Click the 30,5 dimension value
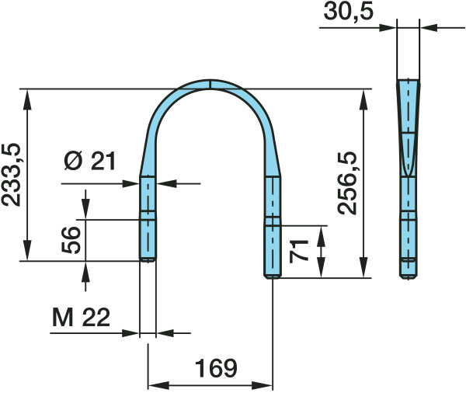(348, 12)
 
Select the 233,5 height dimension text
(12, 175)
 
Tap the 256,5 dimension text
(347, 183)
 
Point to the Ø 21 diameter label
(90, 161)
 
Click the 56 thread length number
(71, 240)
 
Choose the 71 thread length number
(299, 251)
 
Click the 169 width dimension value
(216, 368)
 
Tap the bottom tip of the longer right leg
(273, 277)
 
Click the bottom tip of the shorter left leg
(148, 261)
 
